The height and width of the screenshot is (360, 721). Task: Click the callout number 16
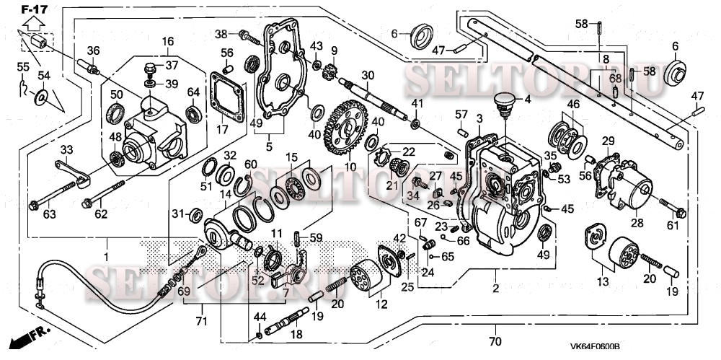167,40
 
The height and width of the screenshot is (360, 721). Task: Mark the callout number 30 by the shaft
368,76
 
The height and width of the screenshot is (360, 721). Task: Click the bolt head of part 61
681,213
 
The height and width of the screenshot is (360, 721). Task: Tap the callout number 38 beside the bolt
221,34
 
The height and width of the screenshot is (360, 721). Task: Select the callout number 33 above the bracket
66,149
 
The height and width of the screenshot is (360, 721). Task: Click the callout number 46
573,105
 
